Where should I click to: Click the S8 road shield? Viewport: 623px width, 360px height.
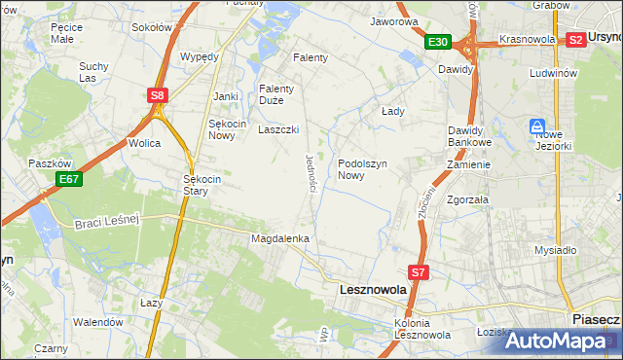[x=158, y=95]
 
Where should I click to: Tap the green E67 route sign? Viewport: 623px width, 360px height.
[x=67, y=179]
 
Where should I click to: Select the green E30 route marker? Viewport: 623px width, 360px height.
[x=437, y=42]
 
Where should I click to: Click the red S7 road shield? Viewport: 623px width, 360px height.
[x=418, y=273]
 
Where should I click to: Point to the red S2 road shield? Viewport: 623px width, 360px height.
[x=575, y=40]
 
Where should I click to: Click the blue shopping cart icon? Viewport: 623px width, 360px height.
[x=536, y=126]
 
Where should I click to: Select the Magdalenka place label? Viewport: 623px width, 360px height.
[x=279, y=238]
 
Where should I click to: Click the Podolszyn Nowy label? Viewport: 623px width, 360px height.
[x=364, y=170]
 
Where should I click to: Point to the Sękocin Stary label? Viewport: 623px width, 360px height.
[x=204, y=185]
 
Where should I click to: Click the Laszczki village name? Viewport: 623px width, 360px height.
[x=277, y=129]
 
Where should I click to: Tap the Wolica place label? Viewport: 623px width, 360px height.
[x=145, y=143]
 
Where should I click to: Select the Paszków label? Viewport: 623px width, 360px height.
[x=46, y=163]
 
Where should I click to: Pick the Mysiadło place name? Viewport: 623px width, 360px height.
[x=556, y=250]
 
